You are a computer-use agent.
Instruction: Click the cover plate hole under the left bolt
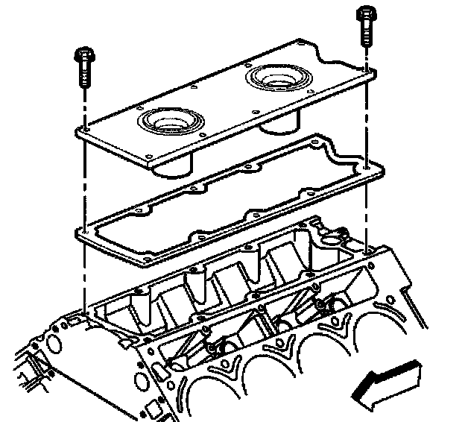(x=86, y=127)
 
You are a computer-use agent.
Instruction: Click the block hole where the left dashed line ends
(x=85, y=312)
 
